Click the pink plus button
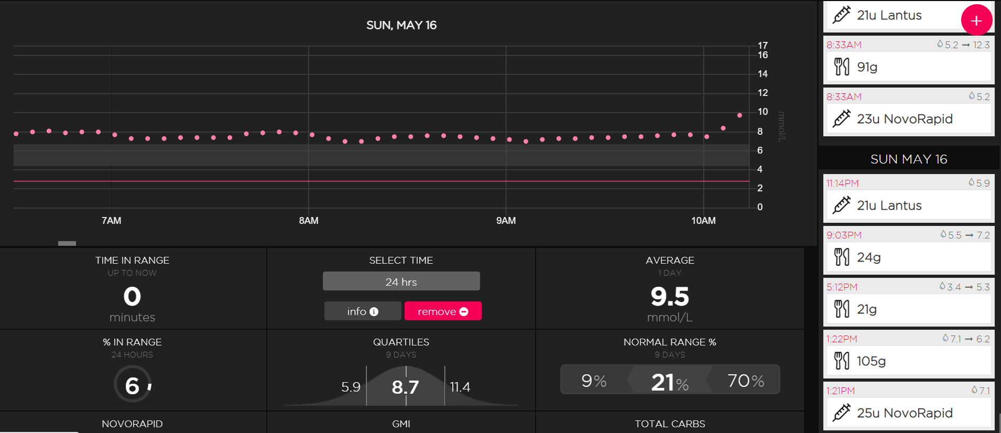976,20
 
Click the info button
363,311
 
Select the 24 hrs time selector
401,282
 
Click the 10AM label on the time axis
703,221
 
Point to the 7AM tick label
111,221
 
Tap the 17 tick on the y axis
763,46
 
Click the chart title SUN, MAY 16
401,25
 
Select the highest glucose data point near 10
739,115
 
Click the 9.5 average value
670,296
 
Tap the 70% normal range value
746,381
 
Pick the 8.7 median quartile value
405,387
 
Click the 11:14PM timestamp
843,183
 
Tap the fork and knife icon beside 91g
842,67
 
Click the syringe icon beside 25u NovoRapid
842,413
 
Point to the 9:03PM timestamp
844,235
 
